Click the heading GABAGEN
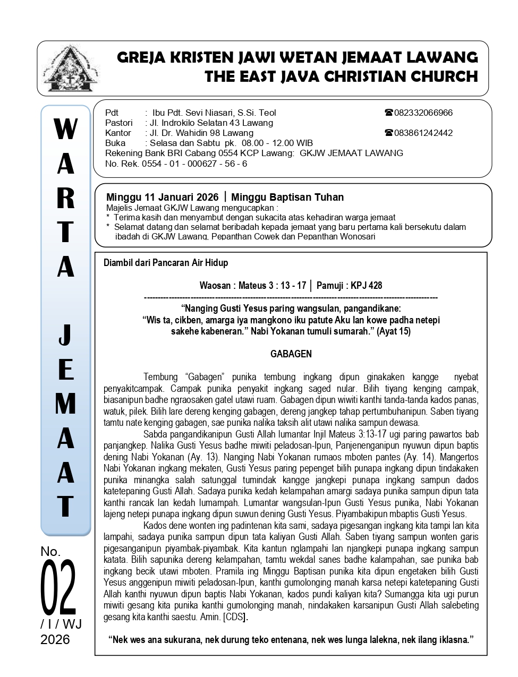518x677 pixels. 291,354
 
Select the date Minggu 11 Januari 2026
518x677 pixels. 162,197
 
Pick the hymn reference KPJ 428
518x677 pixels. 365,286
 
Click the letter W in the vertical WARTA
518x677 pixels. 65,129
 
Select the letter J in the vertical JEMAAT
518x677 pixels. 65,335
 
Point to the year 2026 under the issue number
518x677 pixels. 55,640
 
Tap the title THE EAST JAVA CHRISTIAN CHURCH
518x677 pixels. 341,76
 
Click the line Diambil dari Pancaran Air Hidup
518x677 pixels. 166,263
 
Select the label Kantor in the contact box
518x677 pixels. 118,133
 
